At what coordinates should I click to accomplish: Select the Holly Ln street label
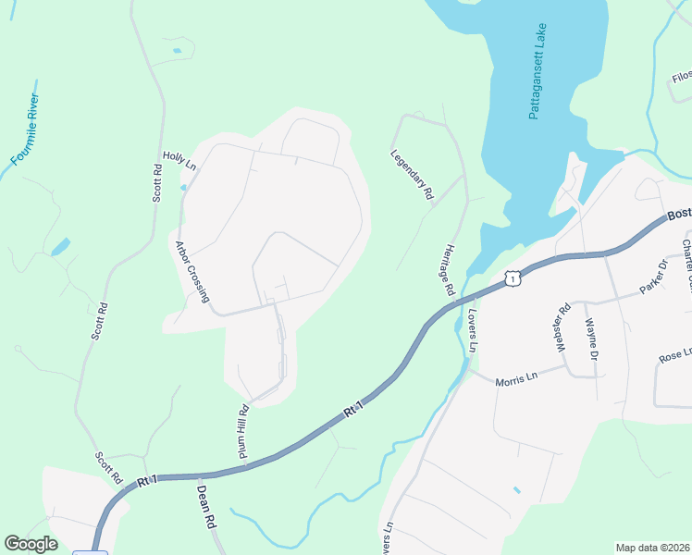tap(179, 161)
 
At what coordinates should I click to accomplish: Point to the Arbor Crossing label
tap(192, 272)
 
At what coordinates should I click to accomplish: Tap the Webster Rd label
tap(561, 328)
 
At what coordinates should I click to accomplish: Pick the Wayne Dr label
tap(590, 339)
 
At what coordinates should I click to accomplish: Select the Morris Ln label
tap(516, 380)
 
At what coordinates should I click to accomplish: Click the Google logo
tap(31, 544)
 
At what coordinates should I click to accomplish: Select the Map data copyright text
tap(652, 548)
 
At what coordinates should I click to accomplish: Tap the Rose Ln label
tap(675, 355)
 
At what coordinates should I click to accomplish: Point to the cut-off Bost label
tap(678, 215)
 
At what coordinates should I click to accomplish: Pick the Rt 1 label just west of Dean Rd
tap(146, 481)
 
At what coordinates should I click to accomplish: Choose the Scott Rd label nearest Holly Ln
tap(157, 182)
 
